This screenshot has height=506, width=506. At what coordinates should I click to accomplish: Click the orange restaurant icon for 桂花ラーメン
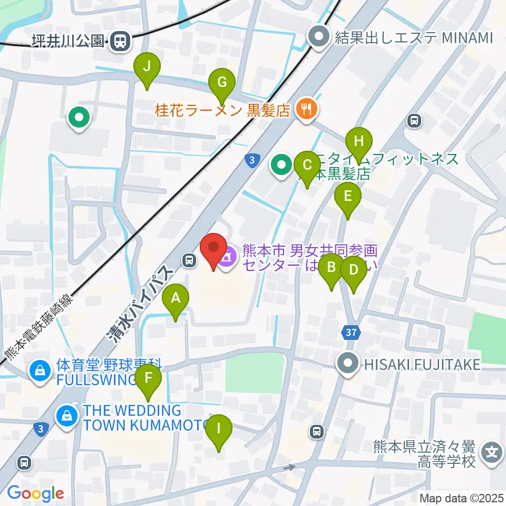pos(306,110)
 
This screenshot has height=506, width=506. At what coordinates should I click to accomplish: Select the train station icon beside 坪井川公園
pos(121,41)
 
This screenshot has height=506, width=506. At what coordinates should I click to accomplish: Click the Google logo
pos(35,493)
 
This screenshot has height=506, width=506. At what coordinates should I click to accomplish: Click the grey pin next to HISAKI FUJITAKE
pos(348,363)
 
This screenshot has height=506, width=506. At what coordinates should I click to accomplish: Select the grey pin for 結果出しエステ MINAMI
pos(319,37)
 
